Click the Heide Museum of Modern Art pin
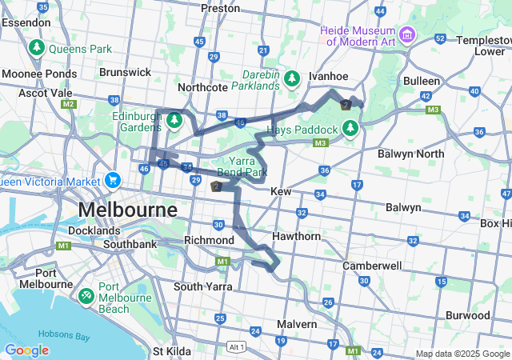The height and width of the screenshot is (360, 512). (x=407, y=34)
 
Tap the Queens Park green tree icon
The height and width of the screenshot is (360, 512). (x=36, y=49)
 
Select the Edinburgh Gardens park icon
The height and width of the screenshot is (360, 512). (x=174, y=121)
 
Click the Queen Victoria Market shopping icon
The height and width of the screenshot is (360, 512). (x=113, y=180)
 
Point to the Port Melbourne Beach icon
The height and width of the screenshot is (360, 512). (x=86, y=294)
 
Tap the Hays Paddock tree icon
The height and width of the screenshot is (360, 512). (x=350, y=128)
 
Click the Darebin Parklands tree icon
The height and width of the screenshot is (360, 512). (x=293, y=78)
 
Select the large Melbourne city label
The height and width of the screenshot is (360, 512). (x=128, y=210)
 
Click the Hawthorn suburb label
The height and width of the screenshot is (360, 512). (x=296, y=236)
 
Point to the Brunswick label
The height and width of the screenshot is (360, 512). (x=125, y=72)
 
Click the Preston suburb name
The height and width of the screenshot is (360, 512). (x=220, y=8)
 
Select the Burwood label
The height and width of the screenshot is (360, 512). (x=467, y=315)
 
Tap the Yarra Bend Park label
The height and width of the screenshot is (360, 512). (x=242, y=166)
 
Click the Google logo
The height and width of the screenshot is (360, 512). (x=26, y=350)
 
